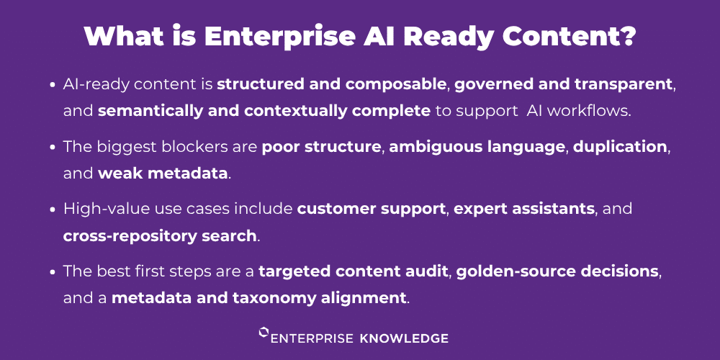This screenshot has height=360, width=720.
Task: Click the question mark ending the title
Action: coord(627,36)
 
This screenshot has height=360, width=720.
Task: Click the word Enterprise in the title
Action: coord(281,36)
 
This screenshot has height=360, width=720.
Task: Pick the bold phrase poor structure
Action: coord(321,148)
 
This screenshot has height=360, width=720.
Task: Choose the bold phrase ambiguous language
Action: coord(477,148)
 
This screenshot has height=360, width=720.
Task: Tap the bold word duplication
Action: coord(619,148)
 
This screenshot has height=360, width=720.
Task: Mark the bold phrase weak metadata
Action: coord(163,173)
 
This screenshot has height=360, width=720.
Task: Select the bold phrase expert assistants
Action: coord(524,210)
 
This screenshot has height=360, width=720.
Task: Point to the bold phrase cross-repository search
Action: coord(160,235)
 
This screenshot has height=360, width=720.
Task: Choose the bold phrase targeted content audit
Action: coord(353,271)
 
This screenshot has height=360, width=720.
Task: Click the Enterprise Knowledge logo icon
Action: coord(264,333)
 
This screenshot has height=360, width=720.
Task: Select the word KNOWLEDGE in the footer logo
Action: coord(404,339)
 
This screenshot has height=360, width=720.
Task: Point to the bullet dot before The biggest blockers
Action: coord(54,148)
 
